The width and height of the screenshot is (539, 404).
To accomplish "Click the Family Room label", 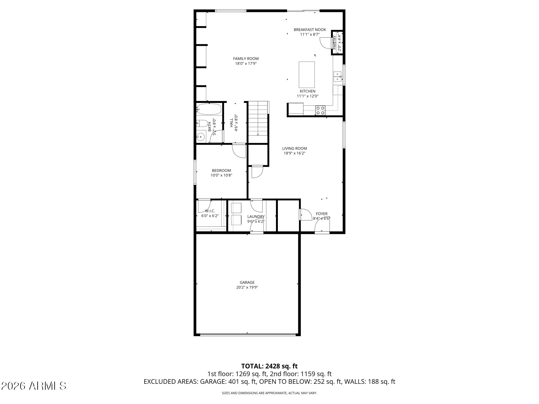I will click(x=246, y=59).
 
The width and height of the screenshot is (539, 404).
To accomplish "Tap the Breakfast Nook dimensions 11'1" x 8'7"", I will click(x=309, y=34).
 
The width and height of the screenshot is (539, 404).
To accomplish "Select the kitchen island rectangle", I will click(x=307, y=74).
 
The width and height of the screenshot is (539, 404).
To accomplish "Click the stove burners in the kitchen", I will click(x=320, y=110).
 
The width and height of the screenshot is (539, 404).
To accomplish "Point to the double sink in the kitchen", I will click(x=338, y=77).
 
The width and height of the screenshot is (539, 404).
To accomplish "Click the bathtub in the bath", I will click(x=209, y=109).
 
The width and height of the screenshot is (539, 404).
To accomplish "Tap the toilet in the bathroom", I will click(x=202, y=123).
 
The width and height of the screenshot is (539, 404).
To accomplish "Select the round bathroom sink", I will click(x=200, y=137).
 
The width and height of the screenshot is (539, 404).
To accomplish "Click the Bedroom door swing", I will click(x=239, y=151).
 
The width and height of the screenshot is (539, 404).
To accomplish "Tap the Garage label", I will click(x=247, y=282).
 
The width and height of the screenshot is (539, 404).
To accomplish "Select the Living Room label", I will click(x=294, y=148).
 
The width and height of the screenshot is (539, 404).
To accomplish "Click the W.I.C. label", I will click(x=210, y=211).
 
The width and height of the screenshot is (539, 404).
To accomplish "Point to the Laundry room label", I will click(x=256, y=217).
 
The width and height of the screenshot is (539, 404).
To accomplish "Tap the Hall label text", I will click(x=231, y=123).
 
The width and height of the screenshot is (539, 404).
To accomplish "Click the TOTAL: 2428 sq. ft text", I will click(x=269, y=366).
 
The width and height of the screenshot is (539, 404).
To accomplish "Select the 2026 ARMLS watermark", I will click(x=34, y=386).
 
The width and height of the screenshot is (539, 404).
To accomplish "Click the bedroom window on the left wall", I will click(x=195, y=172).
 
